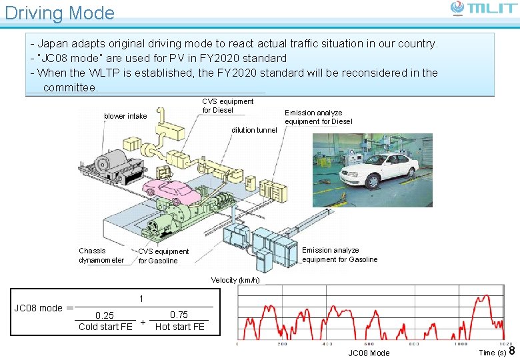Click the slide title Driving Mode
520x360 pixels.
click(60, 13)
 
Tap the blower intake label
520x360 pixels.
click(125, 116)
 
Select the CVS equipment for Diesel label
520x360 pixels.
click(227, 105)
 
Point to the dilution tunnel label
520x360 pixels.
click(253, 130)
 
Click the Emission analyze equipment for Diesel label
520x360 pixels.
click(318, 117)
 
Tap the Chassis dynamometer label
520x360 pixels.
click(101, 255)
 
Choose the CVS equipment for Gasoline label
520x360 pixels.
click(163, 256)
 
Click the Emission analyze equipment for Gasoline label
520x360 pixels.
click(339, 255)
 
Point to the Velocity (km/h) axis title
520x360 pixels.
click(235, 280)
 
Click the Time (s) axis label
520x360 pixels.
click(492, 353)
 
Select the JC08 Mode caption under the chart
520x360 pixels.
click(369, 353)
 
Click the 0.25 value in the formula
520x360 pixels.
click(105, 315)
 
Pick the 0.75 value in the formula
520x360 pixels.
click(179, 315)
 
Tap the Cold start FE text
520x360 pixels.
click(105, 327)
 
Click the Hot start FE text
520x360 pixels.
click(180, 327)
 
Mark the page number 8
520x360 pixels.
click(512, 351)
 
